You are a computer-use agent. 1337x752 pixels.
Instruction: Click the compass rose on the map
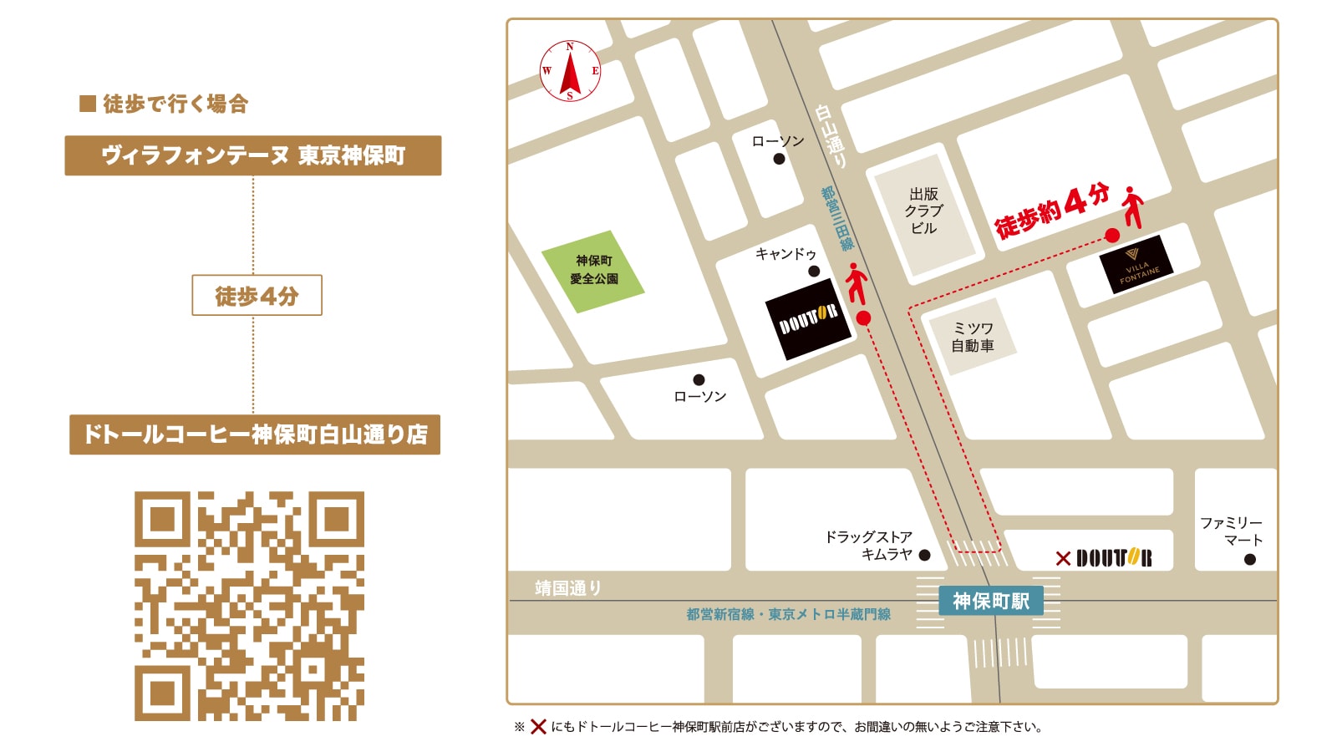click(570, 72)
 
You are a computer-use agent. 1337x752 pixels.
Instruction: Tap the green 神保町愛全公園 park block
click(593, 270)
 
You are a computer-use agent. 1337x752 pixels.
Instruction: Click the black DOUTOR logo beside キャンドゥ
click(808, 319)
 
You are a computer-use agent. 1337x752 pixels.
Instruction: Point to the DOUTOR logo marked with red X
click(1113, 558)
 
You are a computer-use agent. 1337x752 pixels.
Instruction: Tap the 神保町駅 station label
click(991, 601)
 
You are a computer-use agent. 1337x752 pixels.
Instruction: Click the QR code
click(249, 606)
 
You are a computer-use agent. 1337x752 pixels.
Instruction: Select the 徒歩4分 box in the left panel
click(257, 295)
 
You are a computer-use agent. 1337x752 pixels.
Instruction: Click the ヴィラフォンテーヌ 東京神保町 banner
click(252, 155)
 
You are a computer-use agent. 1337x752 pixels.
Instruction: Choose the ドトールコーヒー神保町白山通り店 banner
click(254, 434)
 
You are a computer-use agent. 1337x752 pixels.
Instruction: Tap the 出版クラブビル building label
click(923, 211)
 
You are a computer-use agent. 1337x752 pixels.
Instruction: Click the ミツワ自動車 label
click(973, 337)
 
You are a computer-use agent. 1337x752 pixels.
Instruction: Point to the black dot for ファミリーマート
click(1249, 560)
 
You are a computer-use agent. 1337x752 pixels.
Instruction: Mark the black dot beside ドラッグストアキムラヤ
click(924, 555)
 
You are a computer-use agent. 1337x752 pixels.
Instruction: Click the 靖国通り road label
click(568, 588)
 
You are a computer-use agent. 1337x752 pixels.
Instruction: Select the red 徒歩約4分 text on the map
click(1052, 211)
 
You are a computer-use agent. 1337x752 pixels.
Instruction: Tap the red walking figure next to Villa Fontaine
click(1132, 207)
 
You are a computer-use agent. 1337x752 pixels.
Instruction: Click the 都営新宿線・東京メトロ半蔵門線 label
click(788, 614)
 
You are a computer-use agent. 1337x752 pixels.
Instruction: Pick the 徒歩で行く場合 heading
click(165, 104)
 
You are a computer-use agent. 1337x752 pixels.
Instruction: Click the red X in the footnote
click(538, 727)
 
